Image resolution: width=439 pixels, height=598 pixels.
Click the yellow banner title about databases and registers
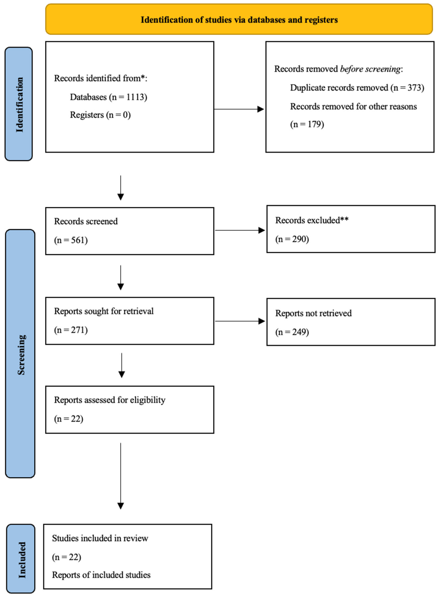point(239,20)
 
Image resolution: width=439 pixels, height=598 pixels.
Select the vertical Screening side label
point(21,355)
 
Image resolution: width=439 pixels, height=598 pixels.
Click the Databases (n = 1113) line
point(108,97)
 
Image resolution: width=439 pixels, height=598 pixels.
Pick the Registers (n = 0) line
point(100,115)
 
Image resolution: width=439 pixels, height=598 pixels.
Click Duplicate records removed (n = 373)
point(357,88)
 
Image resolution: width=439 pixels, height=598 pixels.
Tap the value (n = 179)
point(307,124)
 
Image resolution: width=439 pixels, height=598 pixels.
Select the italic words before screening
point(370,69)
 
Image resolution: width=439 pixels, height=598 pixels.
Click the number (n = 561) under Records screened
point(71,240)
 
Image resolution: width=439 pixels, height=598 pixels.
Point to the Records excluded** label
point(312,220)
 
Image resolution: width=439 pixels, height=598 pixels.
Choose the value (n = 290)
point(292,239)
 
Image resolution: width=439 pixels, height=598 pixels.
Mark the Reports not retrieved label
point(313,313)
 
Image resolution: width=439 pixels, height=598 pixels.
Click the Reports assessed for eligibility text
point(109,400)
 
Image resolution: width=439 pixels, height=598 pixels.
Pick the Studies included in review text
point(100,538)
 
